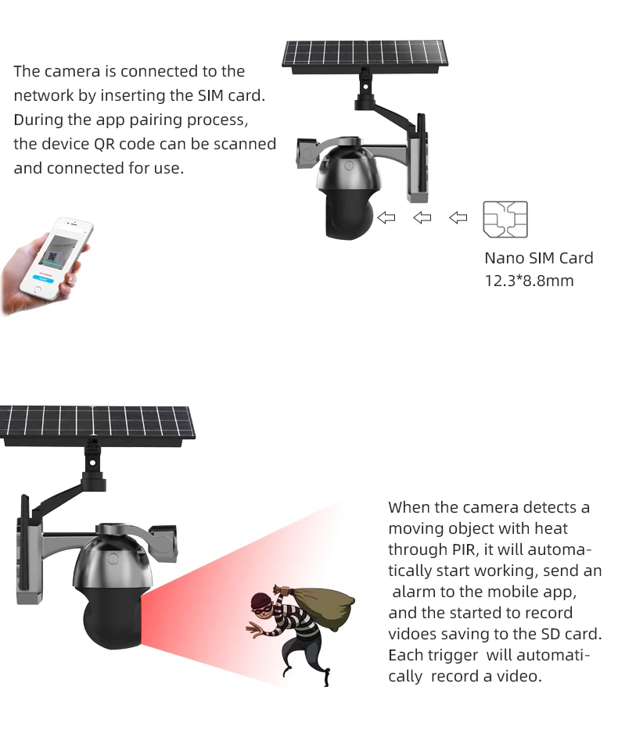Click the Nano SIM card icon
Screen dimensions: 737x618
pos(505,220)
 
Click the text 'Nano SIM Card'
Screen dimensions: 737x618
pos(538,258)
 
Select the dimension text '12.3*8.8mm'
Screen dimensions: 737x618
pos(529,280)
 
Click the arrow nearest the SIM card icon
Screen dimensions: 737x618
pos(458,218)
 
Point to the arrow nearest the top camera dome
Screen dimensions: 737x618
pos(386,218)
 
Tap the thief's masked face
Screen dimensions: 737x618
pos(263,604)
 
